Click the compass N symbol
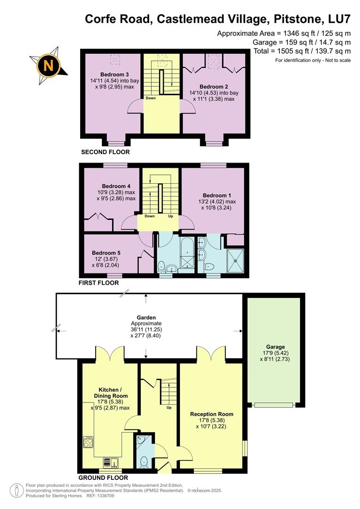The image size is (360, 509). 48,65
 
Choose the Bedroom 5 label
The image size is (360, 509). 106,253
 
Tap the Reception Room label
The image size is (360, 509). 212,414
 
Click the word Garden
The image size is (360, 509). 146,318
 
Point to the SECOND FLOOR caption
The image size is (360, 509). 105,152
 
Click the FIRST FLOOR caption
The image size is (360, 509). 99,283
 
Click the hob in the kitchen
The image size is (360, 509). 88,442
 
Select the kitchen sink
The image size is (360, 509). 112,462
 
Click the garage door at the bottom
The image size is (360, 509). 273,404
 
